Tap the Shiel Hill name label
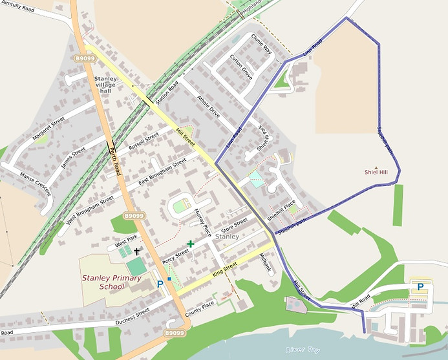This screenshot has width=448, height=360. [376, 172]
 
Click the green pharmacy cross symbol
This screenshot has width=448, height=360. [190, 244]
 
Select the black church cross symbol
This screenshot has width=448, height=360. [137, 250]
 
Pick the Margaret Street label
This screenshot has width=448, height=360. [48, 129]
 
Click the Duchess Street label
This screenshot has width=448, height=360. [133, 315]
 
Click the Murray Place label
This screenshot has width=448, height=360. [203, 222]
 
